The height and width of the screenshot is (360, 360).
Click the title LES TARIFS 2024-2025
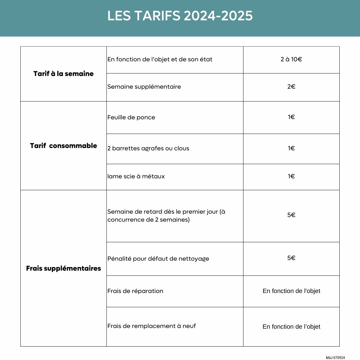point(180,16)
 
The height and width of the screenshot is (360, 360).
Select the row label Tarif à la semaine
point(63,74)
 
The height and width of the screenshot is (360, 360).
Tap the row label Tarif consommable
point(63,146)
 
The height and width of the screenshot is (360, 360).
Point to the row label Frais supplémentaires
point(63,268)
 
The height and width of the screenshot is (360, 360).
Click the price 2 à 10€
point(291,60)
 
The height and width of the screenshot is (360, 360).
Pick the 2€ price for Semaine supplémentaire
point(291,87)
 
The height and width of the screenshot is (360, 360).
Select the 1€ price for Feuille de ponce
point(291,117)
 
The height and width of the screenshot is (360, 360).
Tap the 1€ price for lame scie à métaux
point(291,176)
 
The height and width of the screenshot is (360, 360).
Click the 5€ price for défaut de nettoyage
point(291,258)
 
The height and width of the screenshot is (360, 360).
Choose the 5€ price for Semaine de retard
point(291,215)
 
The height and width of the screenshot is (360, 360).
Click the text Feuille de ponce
point(131,117)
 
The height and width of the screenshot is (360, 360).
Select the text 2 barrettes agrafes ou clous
point(148,148)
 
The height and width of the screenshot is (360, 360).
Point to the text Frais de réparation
point(135,291)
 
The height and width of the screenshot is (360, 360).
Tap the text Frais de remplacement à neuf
point(152,326)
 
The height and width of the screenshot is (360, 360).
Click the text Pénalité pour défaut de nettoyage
point(158,259)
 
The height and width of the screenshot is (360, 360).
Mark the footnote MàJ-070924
point(335,357)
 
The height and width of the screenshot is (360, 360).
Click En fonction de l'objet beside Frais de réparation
point(291,291)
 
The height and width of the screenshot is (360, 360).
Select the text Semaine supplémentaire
point(144,87)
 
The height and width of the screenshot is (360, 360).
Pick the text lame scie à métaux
point(136,176)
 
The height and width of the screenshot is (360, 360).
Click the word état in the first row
point(206,60)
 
